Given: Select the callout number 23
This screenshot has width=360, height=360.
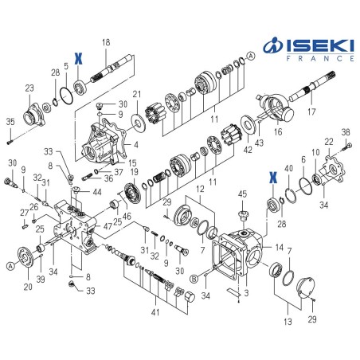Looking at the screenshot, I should [29, 88].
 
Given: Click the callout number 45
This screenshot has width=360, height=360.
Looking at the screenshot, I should [242, 194].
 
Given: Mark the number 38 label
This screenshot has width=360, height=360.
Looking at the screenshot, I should [346, 133].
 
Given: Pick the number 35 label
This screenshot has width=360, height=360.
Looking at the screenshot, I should [10, 122].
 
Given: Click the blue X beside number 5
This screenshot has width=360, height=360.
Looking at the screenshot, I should [78, 57].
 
